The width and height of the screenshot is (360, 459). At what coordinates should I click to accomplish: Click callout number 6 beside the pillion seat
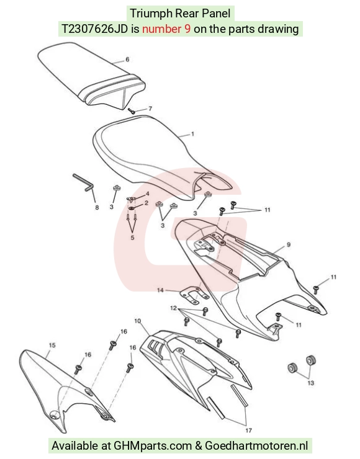click(x=127, y=60)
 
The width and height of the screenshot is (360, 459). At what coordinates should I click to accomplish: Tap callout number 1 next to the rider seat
click(x=192, y=134)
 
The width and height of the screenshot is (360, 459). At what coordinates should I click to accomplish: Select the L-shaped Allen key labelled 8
click(x=83, y=182)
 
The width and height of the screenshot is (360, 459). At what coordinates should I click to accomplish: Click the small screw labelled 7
click(x=132, y=111)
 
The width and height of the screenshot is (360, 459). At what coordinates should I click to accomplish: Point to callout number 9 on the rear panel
click(x=289, y=245)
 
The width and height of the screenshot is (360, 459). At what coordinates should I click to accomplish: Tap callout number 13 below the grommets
click(x=311, y=383)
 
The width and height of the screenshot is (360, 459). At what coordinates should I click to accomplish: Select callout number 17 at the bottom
click(x=249, y=430)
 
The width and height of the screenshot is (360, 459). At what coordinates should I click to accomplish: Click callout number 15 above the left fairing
click(x=52, y=345)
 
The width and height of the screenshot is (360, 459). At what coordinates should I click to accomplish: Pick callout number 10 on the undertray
click(x=138, y=321)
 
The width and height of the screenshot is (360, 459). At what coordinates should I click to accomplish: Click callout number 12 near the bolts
click(x=173, y=308)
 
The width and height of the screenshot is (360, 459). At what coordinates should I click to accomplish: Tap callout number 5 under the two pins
click(x=132, y=238)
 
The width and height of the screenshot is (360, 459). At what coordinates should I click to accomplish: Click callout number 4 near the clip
click(x=148, y=194)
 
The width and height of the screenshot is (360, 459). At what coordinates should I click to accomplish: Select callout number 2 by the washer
click(x=146, y=203)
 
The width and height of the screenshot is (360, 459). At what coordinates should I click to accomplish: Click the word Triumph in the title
click(x=151, y=14)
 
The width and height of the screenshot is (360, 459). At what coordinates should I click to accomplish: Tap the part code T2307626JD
click(x=94, y=29)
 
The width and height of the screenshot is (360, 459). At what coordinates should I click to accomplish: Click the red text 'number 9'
click(x=166, y=29)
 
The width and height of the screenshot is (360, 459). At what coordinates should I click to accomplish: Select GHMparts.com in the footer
click(x=153, y=446)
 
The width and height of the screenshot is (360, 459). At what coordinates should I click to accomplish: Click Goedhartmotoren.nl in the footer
click(x=256, y=445)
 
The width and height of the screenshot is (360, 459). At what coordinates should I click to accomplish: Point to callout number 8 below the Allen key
click(x=97, y=208)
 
